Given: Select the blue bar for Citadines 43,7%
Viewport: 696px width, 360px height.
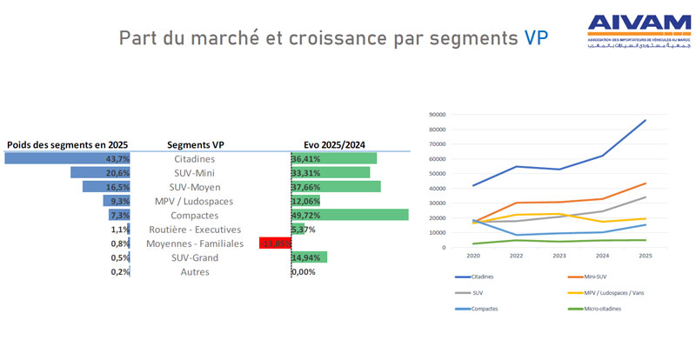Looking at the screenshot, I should tap(67, 158).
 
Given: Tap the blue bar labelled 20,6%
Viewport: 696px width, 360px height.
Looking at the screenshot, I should tap(100, 173).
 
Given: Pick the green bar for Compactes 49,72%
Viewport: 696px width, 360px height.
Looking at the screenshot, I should tap(350, 215).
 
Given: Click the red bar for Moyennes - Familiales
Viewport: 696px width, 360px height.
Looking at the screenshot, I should tap(274, 243).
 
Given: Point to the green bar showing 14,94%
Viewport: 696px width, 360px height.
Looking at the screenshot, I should tap(309, 257).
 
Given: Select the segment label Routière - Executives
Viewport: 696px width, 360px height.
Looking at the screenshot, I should tap(193, 230).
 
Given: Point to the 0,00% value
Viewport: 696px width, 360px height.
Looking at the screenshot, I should tap(304, 271).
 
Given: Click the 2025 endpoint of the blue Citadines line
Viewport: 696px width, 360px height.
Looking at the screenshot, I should tap(645, 120).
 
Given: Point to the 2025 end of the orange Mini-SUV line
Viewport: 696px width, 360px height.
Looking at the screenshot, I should tap(645, 183).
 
